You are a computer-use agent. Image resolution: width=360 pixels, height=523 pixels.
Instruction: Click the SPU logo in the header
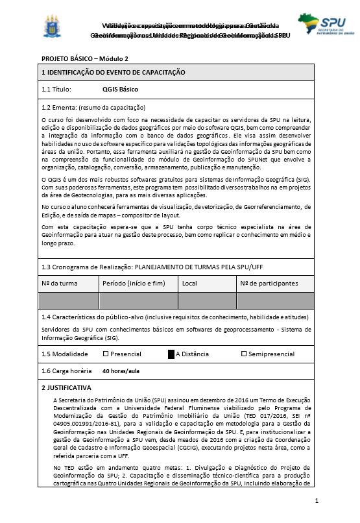[321, 27]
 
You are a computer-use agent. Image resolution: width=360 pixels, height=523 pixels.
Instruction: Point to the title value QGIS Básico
[120, 90]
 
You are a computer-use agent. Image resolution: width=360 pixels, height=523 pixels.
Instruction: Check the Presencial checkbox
[106, 354]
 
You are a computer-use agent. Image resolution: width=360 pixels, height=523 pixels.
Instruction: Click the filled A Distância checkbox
[171, 354]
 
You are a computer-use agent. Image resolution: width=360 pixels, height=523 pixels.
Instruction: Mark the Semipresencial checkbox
[244, 354]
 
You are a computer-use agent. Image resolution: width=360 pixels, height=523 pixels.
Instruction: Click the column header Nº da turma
[60, 284]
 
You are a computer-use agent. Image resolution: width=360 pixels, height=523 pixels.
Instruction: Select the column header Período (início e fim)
[134, 284]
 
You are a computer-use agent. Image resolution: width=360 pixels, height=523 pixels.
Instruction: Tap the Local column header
[189, 284]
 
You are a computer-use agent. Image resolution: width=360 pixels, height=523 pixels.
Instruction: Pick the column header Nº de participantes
[269, 284]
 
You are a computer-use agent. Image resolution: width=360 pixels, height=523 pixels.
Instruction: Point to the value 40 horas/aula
[121, 371]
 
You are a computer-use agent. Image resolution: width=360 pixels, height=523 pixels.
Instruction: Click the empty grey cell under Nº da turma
[68, 300]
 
